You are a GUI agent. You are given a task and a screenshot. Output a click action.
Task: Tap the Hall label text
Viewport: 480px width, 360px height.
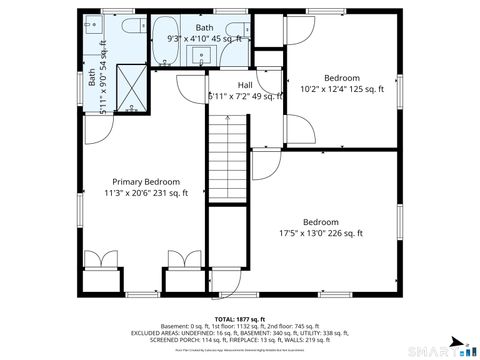pos(245,85)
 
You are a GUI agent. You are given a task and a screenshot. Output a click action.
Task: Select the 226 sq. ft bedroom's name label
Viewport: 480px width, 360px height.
pos(321,222)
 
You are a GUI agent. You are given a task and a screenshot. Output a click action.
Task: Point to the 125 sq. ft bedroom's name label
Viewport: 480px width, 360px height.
pos(342,77)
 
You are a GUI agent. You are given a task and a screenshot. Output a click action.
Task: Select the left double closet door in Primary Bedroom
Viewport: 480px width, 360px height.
pos(99,259)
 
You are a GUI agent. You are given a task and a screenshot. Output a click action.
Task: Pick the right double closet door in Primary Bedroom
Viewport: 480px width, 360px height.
pos(183,259)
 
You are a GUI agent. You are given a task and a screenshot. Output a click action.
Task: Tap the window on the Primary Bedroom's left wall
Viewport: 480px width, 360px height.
pos(80,211)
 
